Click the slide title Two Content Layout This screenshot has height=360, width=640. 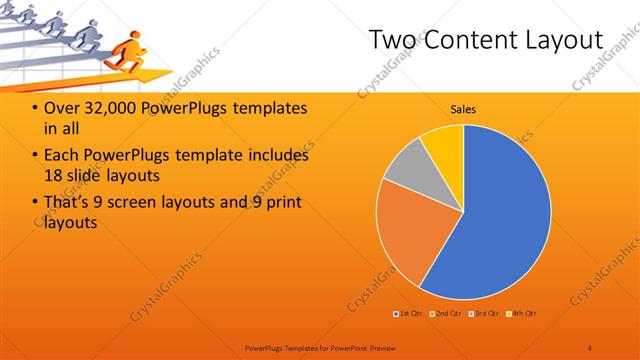[x=486, y=41]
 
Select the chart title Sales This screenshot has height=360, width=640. [x=463, y=109]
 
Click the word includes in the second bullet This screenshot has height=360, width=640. [x=278, y=156]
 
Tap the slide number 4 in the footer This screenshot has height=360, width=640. [x=589, y=347]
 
